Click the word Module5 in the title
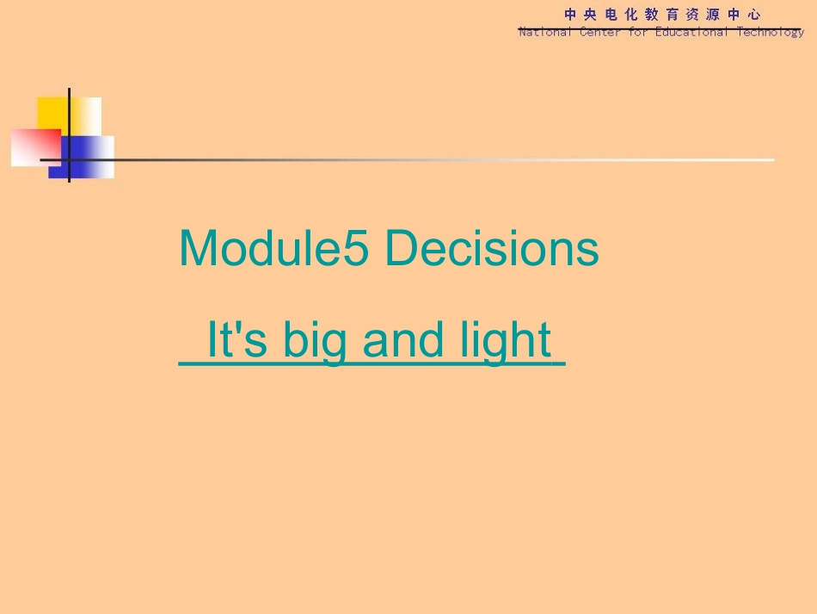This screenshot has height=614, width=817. point(273,250)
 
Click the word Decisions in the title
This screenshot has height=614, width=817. point(492,250)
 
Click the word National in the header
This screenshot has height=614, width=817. point(544,32)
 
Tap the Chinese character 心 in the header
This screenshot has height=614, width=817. point(754,14)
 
